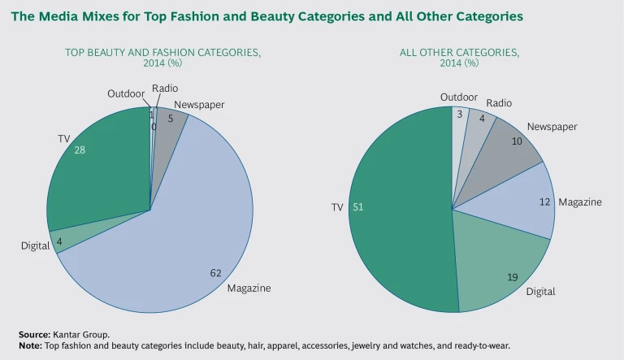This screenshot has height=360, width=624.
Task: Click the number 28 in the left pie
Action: pyautogui.click(x=80, y=150)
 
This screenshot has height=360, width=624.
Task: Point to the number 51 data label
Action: pyautogui.click(x=357, y=207)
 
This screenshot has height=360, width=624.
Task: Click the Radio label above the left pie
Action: pyautogui.click(x=165, y=88)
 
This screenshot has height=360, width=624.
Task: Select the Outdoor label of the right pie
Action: pyautogui.click(x=459, y=98)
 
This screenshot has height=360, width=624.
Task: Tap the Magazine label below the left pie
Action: pyautogui.click(x=249, y=288)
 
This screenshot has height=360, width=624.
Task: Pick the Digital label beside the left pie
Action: pyautogui.click(x=35, y=245)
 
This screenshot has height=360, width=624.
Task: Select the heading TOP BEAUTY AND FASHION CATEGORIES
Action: pyautogui.click(x=163, y=53)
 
